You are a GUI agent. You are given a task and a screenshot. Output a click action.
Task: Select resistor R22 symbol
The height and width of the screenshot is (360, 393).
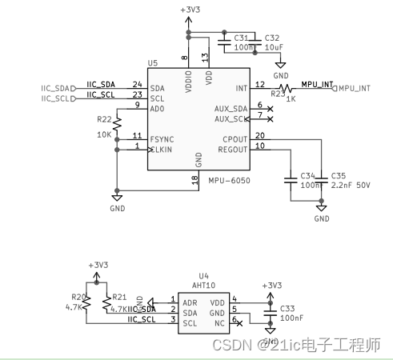click(117, 124)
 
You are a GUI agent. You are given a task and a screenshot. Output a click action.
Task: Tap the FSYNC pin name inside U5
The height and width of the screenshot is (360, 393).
click(162, 138)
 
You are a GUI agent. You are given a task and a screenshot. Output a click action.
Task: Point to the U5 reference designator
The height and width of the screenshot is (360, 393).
click(153, 62)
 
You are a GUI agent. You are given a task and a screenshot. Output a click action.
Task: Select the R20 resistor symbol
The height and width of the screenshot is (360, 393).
click(87, 302)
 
